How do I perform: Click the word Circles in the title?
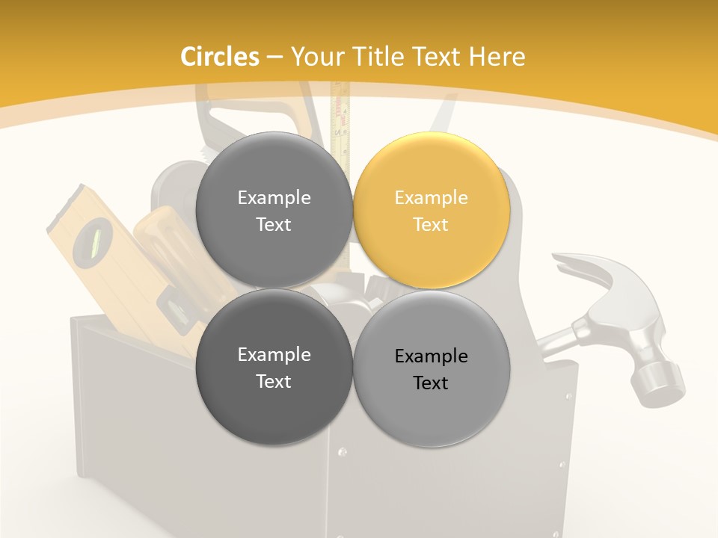(219, 57)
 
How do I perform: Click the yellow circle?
(432, 210)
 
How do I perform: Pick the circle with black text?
(432, 368)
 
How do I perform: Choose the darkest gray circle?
(274, 367)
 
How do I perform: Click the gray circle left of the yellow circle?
(274, 210)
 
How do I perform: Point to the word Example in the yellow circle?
(431, 198)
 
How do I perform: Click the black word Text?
(431, 383)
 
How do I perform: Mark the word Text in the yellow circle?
(431, 224)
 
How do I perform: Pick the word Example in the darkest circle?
(274, 355)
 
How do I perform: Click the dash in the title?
(274, 58)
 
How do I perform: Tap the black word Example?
(431, 356)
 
